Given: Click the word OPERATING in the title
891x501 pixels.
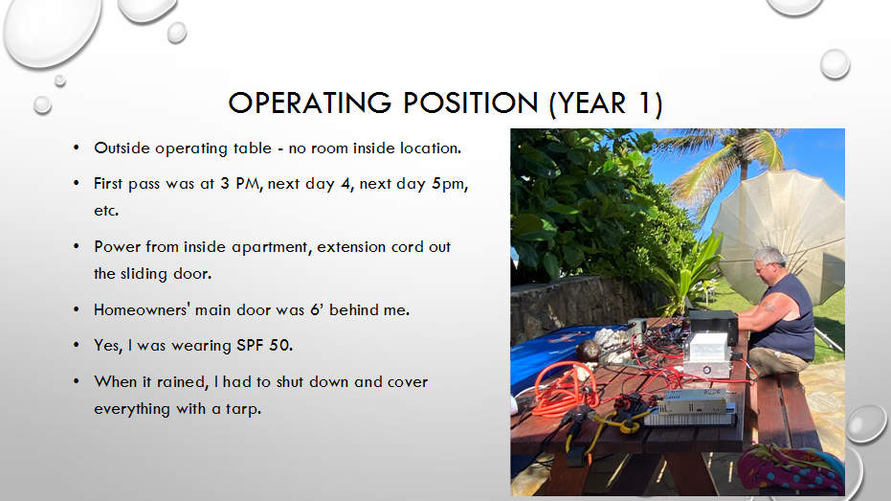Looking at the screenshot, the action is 310,102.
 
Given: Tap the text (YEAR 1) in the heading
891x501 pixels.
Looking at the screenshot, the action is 606,103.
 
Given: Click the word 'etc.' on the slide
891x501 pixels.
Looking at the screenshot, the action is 106,211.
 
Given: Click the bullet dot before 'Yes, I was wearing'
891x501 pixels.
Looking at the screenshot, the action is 77,345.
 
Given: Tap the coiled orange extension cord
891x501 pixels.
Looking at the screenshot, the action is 566,387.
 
